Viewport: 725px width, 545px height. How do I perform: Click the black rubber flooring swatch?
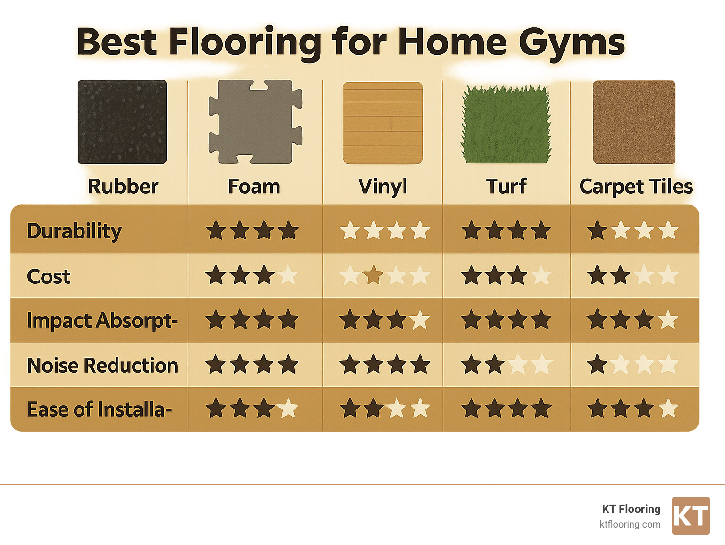click(122, 122)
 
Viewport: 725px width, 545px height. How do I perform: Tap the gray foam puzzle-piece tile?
click(255, 122)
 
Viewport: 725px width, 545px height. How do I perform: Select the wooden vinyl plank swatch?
click(382, 123)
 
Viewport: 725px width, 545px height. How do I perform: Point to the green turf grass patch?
click(506, 125)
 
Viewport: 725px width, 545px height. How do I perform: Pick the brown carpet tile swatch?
click(634, 122)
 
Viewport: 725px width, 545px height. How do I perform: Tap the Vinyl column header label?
click(382, 187)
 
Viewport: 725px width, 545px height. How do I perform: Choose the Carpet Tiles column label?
click(636, 187)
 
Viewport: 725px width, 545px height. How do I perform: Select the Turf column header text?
click(506, 187)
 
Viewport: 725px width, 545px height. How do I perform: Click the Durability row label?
click(75, 231)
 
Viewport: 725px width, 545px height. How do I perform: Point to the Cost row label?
click(49, 276)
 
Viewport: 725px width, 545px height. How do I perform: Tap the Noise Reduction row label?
click(103, 365)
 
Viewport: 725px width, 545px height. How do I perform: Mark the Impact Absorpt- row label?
click(102, 321)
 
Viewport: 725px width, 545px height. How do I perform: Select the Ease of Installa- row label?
click(99, 409)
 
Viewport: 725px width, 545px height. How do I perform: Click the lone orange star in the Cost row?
click(373, 275)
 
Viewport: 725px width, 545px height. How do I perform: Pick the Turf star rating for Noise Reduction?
click(506, 365)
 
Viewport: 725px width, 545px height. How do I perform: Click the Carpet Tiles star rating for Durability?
click(632, 231)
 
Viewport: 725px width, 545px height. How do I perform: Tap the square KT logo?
click(691, 516)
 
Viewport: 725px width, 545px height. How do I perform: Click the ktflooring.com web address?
click(630, 524)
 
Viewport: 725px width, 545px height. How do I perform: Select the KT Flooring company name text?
click(631, 509)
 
